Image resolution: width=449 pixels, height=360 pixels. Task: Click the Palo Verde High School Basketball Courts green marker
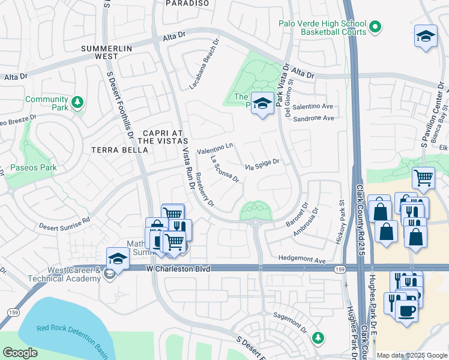tap(375, 26)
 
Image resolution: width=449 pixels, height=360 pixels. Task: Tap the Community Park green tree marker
tap(77, 103)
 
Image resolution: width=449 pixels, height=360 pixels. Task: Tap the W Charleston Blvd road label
tap(179, 269)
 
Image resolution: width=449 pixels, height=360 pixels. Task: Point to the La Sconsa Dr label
tap(225, 169)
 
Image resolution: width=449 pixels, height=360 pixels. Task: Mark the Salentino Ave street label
tap(312, 106)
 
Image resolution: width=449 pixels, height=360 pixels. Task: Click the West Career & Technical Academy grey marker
tap(109, 274)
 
